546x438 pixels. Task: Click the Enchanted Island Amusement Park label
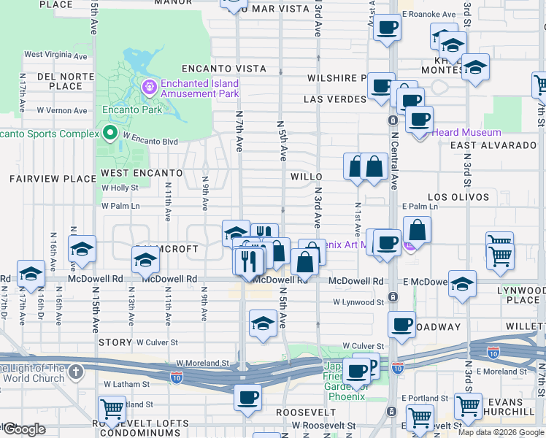pos(200,88)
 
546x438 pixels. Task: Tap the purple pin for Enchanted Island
pos(150,88)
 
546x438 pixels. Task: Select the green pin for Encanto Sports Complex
pos(110,133)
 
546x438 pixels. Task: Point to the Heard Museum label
pos(466,132)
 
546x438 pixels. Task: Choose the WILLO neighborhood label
pos(307,177)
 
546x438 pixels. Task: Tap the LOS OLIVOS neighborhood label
pos(458,197)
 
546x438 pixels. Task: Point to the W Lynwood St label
pos(358,301)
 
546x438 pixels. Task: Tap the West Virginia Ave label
pos(57,54)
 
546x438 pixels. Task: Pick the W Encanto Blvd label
pos(150,139)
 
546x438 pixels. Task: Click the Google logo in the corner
pos(24,429)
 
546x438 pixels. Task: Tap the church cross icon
pos(76,373)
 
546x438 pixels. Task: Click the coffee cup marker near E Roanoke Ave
pos(387,28)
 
